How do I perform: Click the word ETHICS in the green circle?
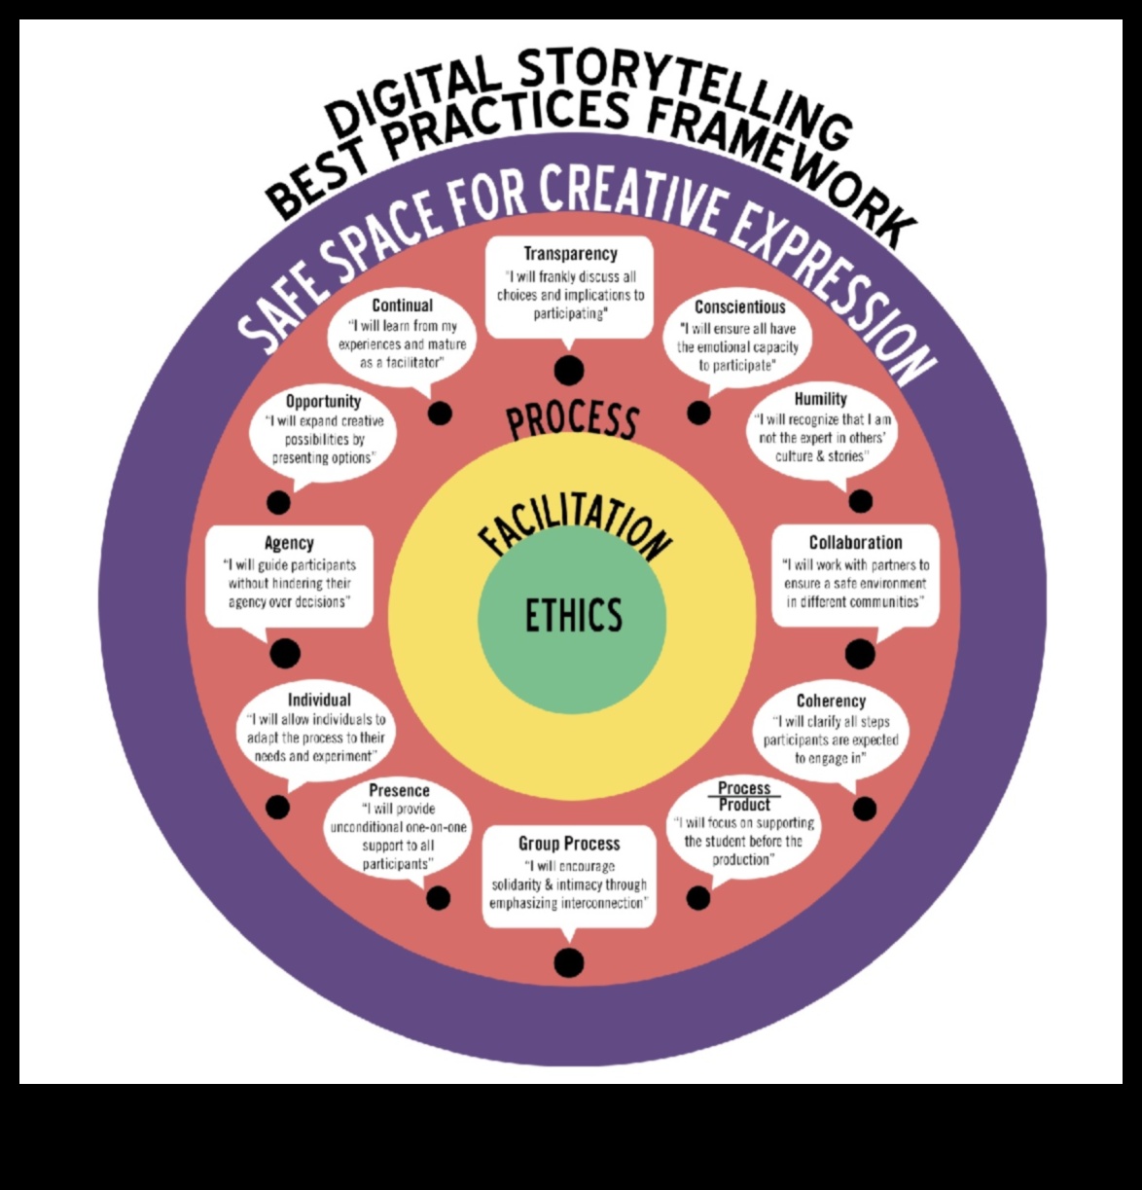tap(573, 615)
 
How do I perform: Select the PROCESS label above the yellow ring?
tap(572, 420)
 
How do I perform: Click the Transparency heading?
tap(570, 254)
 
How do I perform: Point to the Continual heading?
tap(402, 306)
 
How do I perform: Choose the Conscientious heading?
tap(739, 307)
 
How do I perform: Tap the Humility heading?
tap(820, 399)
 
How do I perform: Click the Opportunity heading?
tap(323, 401)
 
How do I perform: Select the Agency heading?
tap(289, 543)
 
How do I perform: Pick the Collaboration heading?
tap(855, 543)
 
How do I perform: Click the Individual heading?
tap(319, 700)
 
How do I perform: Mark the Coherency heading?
tap(831, 701)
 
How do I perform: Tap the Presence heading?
tap(399, 790)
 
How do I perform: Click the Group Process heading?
tap(569, 844)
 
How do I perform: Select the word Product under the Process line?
tap(744, 805)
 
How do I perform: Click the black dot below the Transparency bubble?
tap(569, 370)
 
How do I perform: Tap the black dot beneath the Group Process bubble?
tap(569, 962)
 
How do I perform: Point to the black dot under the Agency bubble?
tap(285, 653)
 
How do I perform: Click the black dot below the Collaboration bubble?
tap(860, 654)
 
